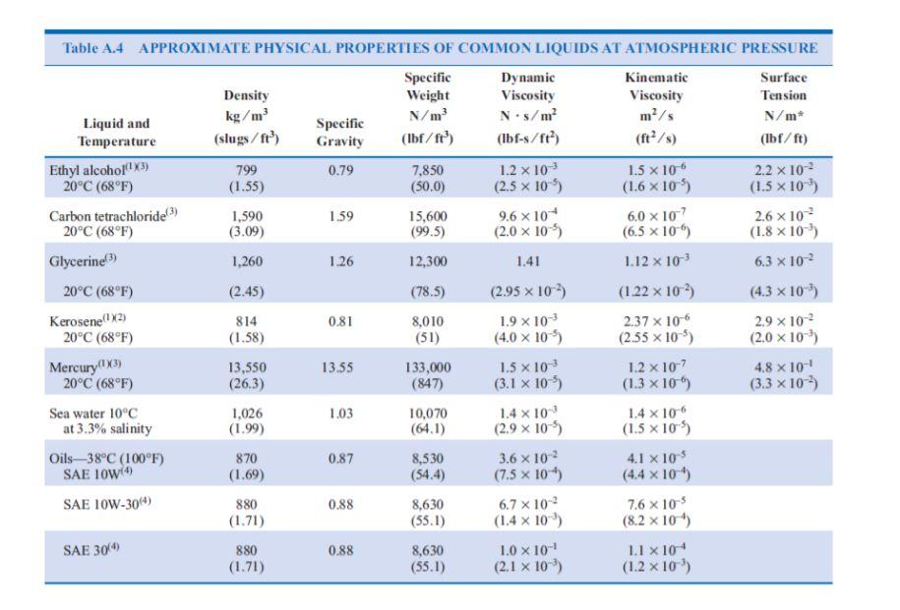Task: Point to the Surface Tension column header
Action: click(783, 95)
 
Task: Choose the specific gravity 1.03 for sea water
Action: click(338, 414)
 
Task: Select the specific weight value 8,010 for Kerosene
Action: click(428, 320)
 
